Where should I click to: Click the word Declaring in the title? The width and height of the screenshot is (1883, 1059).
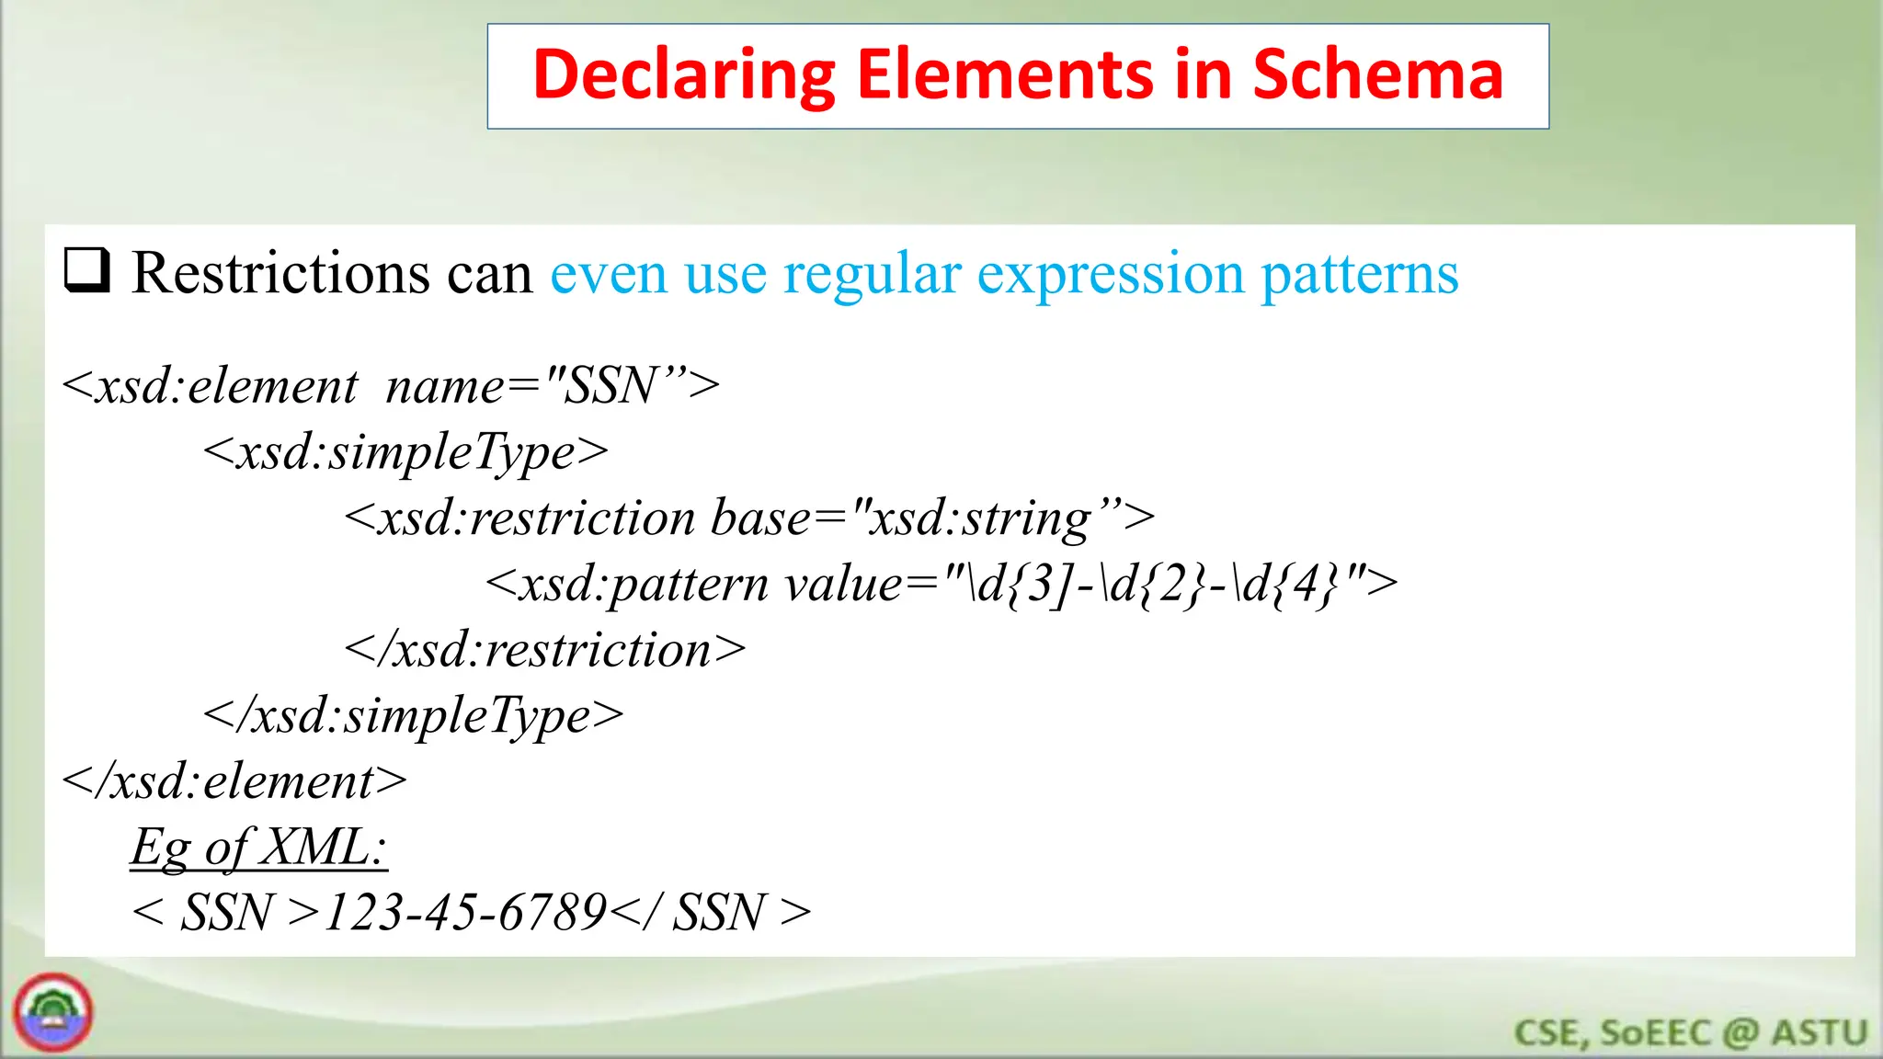(683, 75)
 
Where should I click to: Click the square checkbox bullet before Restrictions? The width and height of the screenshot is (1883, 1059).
(87, 270)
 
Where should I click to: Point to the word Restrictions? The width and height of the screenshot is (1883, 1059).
(280, 274)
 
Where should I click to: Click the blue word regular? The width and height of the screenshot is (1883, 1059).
(871, 274)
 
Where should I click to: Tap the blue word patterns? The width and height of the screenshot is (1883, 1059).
(1359, 274)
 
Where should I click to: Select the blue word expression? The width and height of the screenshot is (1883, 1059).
(1109, 274)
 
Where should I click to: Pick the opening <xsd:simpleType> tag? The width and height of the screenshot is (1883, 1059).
(405, 452)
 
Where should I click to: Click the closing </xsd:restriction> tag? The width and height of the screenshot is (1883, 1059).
(544, 650)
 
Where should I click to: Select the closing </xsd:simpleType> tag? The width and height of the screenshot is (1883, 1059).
(413, 716)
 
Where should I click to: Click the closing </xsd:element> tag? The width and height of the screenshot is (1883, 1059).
(234, 782)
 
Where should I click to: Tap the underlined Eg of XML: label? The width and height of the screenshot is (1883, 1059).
(258, 847)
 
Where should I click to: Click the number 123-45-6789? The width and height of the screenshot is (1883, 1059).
(465, 913)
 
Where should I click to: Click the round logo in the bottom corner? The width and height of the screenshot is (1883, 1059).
(53, 1013)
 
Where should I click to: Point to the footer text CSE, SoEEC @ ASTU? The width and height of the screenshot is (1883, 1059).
(1690, 1033)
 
